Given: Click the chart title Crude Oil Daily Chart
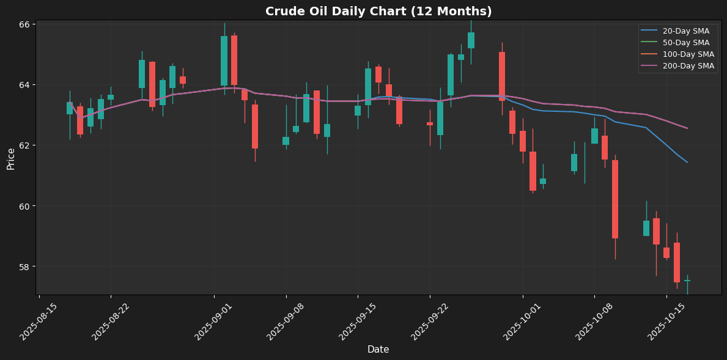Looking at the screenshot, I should pos(378,12).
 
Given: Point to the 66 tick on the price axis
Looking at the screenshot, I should pos(25,24).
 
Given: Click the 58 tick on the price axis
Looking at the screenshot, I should pos(25,267).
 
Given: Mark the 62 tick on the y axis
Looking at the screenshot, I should pos(25,145).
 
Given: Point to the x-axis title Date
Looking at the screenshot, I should pos(378,350).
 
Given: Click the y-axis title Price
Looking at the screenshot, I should pos(11,158).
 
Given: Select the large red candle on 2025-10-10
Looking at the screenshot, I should pos(615,199).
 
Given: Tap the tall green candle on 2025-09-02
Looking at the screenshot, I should pos(224,61).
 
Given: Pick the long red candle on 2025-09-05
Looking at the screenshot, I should pos(255,127).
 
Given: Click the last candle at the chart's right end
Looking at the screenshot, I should pos(687,281).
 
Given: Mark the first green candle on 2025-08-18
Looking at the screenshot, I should pos(70,108).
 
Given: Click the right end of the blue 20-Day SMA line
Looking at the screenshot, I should pos(687,162).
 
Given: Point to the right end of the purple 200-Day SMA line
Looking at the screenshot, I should pos(687,128).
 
